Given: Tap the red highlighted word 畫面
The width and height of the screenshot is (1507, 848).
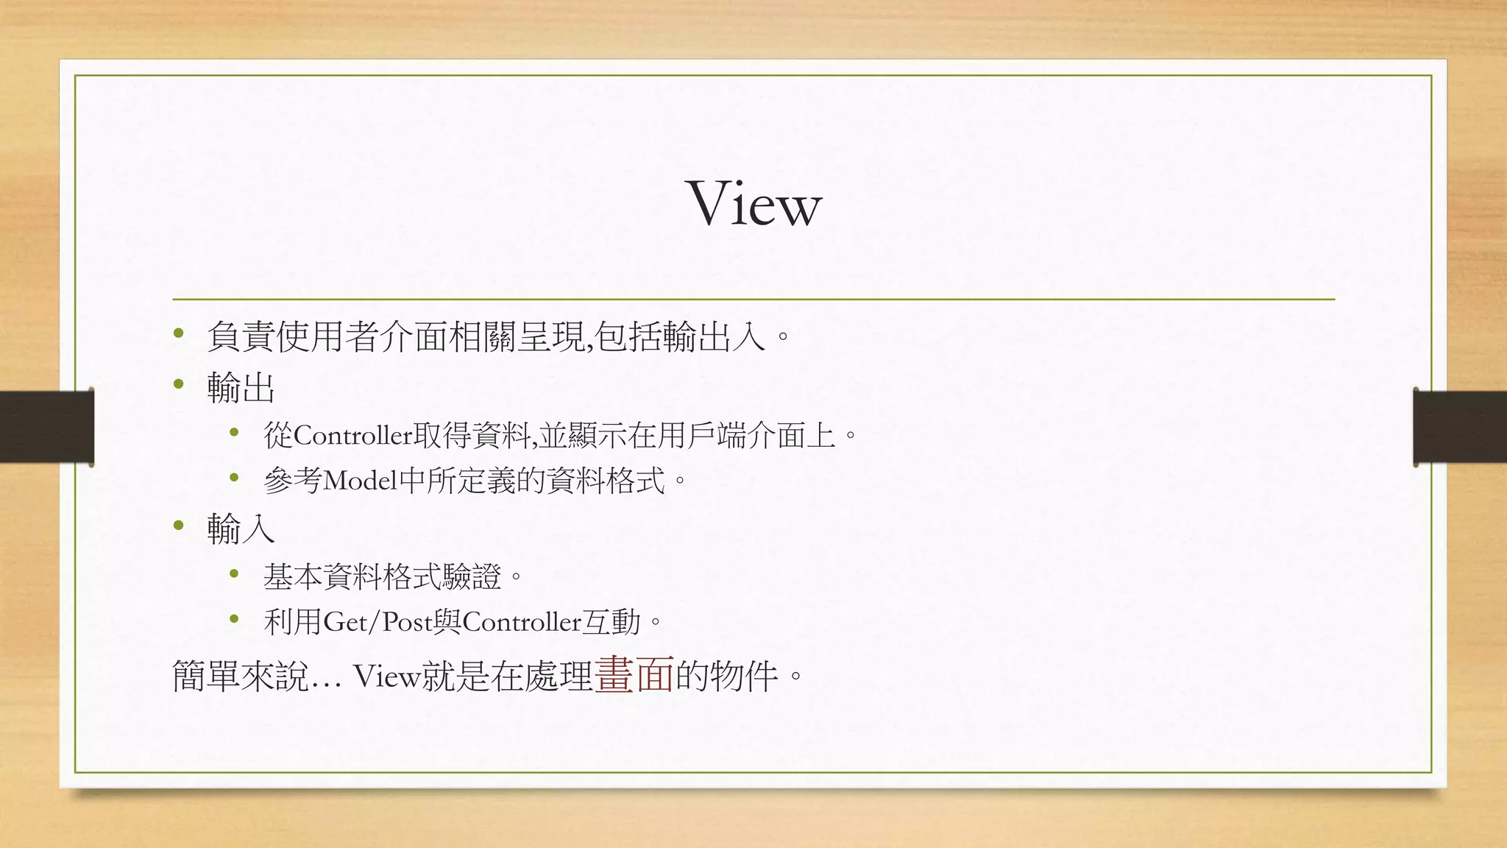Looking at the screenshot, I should point(634,674).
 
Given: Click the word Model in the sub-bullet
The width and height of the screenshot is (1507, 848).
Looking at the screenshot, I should point(360,481).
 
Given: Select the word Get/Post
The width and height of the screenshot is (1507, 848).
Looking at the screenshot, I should point(377,623).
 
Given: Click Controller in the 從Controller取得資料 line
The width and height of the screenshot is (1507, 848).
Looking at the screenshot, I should point(352,436).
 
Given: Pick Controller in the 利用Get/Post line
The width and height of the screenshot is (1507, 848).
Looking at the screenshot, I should point(522,623).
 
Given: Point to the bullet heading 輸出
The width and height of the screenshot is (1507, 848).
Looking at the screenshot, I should point(241,386).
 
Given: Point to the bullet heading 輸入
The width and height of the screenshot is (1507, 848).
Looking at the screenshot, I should point(241,529).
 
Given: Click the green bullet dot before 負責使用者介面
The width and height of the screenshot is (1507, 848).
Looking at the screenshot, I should point(179,335).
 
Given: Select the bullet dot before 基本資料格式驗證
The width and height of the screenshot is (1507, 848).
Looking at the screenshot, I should point(235,573).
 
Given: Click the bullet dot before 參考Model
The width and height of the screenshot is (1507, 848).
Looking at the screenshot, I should point(235,478).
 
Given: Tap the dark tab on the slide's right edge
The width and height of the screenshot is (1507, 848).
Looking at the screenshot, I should point(1460,427).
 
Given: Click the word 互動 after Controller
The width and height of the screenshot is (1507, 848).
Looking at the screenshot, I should point(611,623).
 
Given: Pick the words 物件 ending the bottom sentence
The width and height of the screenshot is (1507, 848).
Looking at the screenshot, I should point(744,676).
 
